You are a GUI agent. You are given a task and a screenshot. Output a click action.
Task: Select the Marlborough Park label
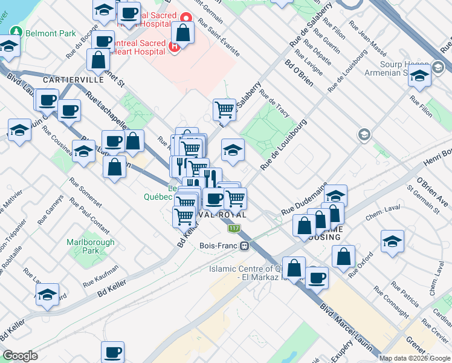(x=82, y=246)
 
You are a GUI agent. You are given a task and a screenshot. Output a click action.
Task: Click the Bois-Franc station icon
(x=245, y=246)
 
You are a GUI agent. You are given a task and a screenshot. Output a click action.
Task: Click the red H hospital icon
(x=175, y=47)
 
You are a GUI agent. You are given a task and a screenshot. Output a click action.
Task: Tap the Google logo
(x=20, y=355)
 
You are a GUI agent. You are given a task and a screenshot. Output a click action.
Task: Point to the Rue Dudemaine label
(x=304, y=198)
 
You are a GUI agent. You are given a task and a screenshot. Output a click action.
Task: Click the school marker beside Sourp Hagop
(x=419, y=76)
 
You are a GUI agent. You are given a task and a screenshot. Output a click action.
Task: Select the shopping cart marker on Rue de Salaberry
(x=224, y=110)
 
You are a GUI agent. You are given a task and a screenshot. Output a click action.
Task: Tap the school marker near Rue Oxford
(x=392, y=241)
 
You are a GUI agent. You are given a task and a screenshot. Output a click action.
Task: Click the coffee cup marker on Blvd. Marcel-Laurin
(x=317, y=278)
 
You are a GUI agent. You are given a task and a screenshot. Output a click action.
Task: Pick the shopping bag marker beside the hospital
(x=182, y=33)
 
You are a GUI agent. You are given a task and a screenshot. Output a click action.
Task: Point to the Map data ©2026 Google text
(x=415, y=358)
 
